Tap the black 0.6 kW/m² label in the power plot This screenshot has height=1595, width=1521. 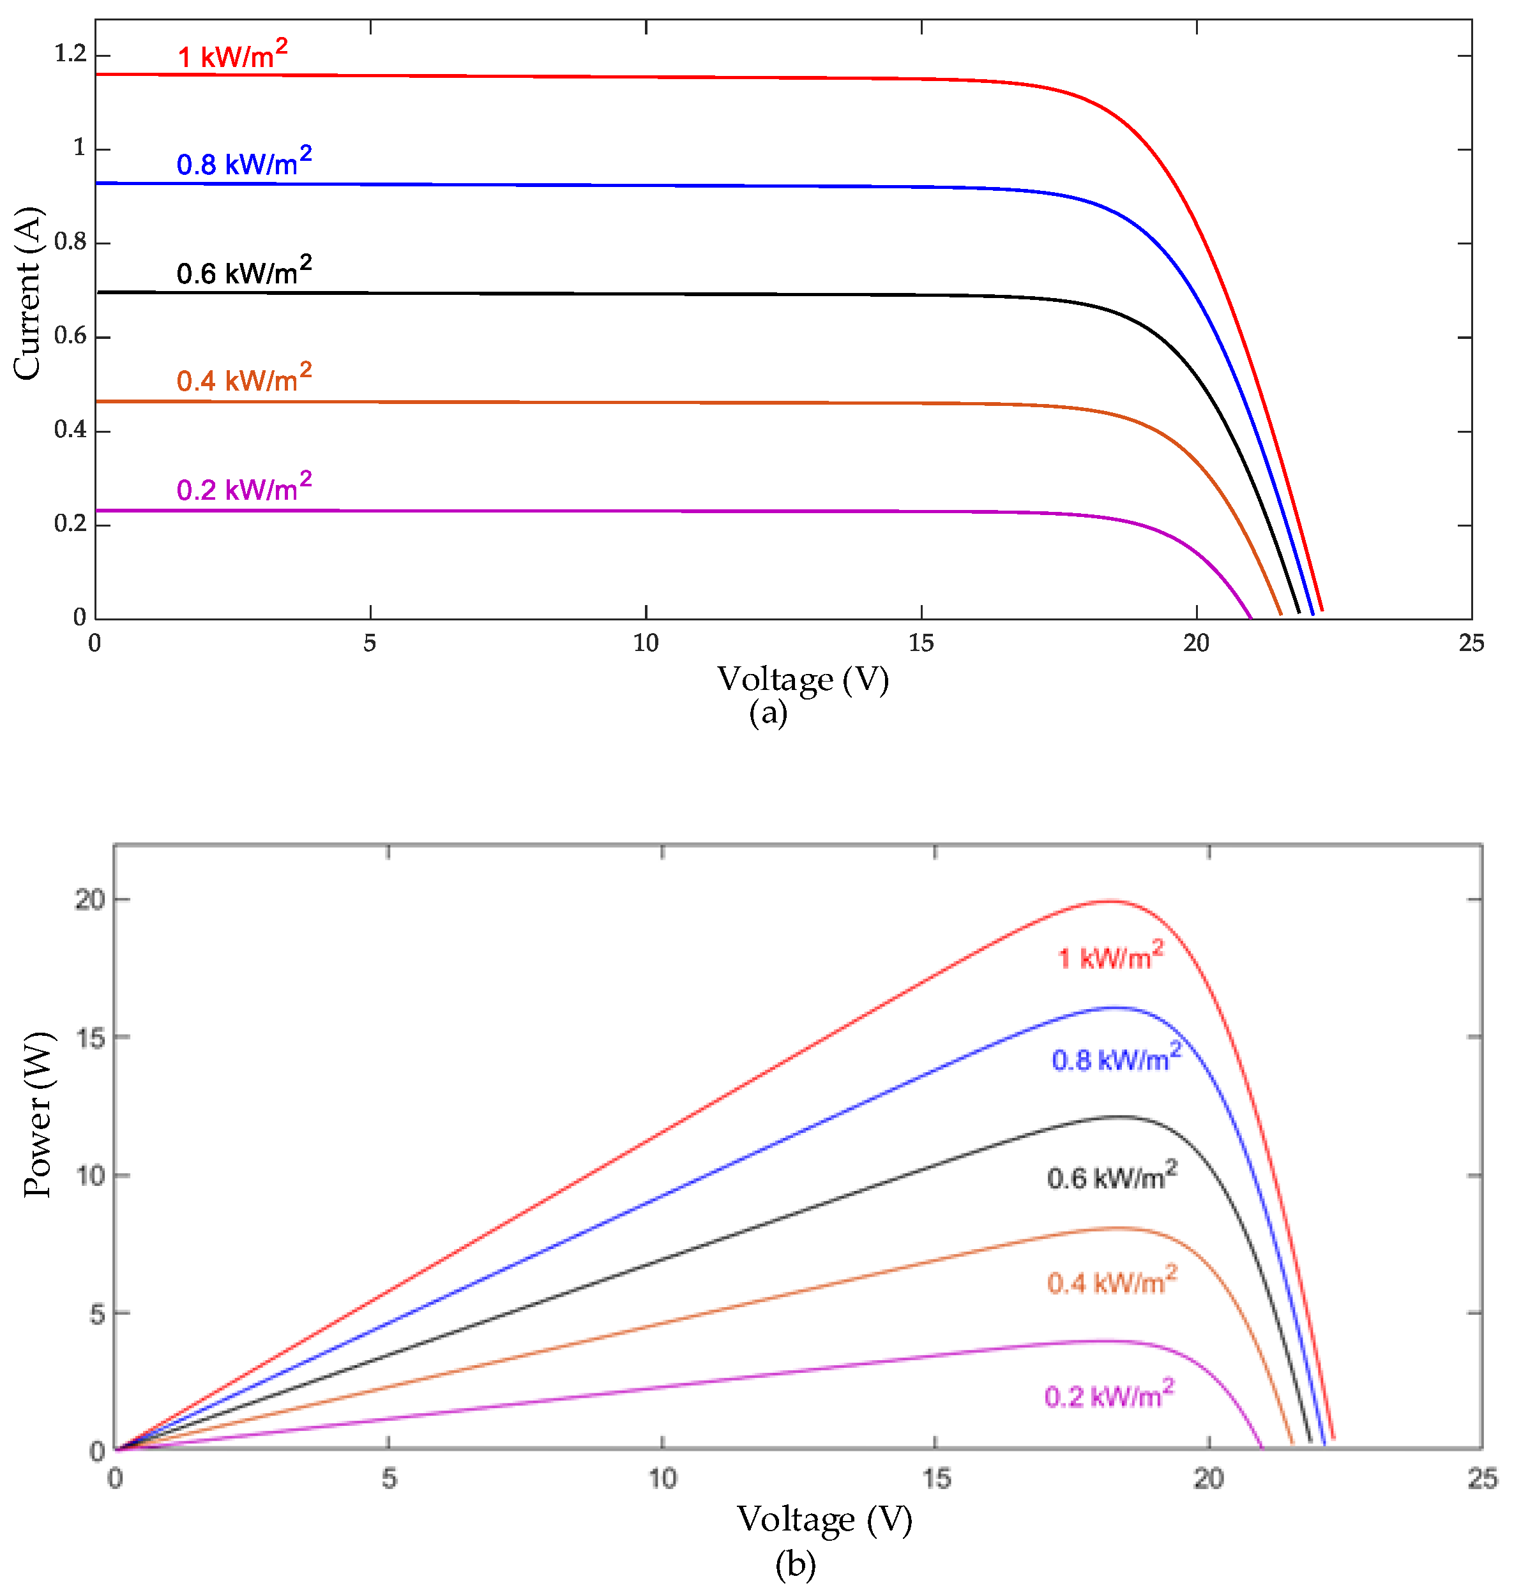[x=1111, y=1176]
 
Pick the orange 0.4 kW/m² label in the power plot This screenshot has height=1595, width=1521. [x=1111, y=1282]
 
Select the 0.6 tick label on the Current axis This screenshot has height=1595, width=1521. [x=70, y=336]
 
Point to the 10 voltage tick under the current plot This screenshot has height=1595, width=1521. [x=646, y=643]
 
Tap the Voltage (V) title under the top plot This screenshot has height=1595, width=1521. [x=803, y=679]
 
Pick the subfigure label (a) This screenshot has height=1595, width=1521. [x=768, y=712]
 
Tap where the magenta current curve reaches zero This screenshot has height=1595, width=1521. [x=1251, y=618]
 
